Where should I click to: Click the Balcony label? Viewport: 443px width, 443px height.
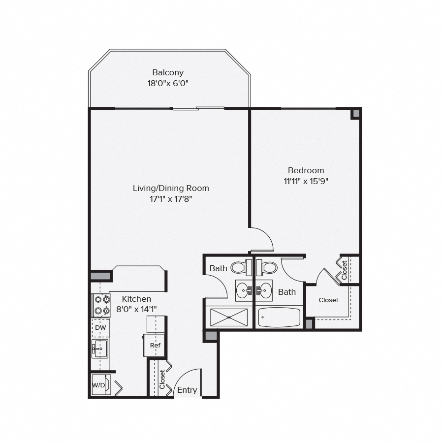168,72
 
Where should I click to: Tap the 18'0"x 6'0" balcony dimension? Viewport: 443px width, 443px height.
168,84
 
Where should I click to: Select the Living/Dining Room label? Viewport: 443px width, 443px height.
171,188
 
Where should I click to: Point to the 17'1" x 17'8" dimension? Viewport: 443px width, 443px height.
171,199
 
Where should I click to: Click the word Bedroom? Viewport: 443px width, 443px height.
306,170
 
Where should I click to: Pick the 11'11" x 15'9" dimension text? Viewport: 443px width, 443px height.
306,181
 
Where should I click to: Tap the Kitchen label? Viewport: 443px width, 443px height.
136,299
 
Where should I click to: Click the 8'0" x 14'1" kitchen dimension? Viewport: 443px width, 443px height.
136,309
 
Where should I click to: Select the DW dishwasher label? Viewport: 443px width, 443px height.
100,328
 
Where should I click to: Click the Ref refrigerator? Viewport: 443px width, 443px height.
155,345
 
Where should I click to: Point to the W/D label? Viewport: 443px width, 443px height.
98,385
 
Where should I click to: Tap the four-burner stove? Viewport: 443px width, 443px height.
101,305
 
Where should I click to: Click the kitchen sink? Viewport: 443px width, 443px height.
100,348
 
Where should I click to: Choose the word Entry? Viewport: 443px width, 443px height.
187,390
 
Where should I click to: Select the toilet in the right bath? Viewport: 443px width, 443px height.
269,268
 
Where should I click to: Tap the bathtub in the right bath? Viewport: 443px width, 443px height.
279,317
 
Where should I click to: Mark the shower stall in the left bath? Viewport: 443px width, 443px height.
229,317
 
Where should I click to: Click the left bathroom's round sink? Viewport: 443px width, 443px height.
243,290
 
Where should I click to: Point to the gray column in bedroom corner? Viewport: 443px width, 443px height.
355,113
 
